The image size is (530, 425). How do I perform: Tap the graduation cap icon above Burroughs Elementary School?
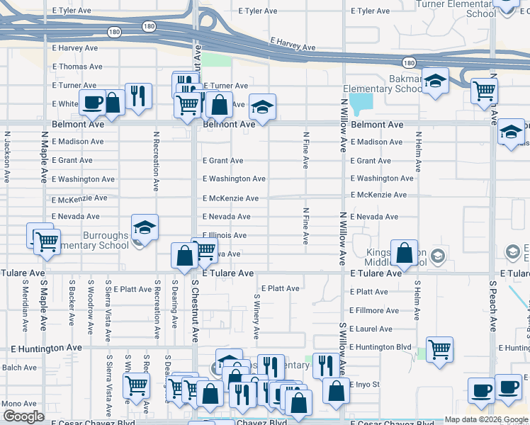click(x=145, y=227)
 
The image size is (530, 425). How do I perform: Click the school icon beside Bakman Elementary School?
click(x=436, y=82)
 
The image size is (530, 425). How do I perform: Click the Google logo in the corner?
click(x=23, y=416)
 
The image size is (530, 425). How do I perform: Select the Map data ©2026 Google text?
click(x=486, y=419)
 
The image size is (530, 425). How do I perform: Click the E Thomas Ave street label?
click(x=77, y=67)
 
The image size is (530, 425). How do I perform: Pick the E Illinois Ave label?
click(x=225, y=235)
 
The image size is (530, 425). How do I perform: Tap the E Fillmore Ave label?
click(x=374, y=310)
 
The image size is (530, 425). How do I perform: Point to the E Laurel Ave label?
click(x=371, y=329)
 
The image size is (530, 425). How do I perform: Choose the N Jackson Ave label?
click(x=7, y=157)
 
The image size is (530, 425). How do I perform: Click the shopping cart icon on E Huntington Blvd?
click(x=439, y=349)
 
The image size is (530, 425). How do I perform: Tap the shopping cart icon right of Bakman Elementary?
click(x=484, y=90)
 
